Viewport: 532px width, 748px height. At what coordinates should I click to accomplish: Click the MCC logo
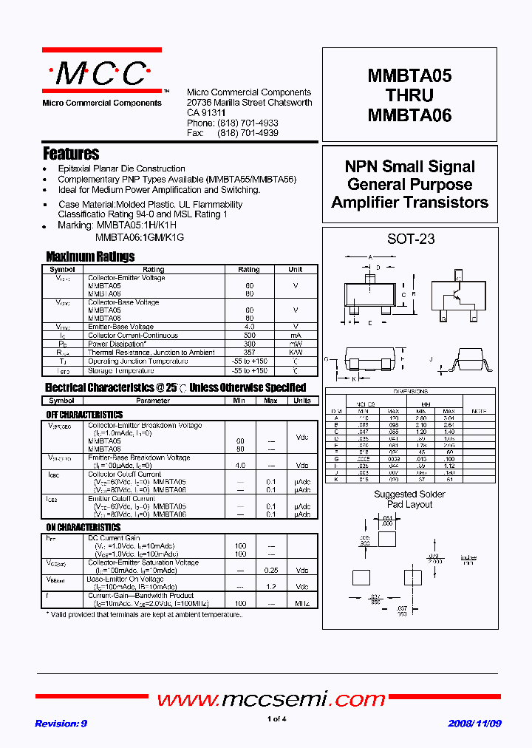pyautogui.click(x=101, y=73)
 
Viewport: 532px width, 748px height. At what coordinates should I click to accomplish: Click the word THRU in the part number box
pyautogui.click(x=409, y=95)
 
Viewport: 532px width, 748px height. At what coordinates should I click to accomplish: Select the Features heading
pyautogui.click(x=71, y=154)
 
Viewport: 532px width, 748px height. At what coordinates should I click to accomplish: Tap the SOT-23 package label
pyautogui.click(x=411, y=239)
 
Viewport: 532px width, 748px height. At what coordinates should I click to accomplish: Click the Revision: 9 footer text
pyautogui.click(x=61, y=724)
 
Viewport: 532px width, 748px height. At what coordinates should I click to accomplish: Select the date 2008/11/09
pyautogui.click(x=474, y=724)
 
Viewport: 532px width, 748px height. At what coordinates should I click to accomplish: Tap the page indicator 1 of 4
pyautogui.click(x=276, y=719)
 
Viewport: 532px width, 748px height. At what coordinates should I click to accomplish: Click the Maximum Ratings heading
pyautogui.click(x=90, y=257)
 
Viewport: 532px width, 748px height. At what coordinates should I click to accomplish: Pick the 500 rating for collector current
pyautogui.click(x=249, y=335)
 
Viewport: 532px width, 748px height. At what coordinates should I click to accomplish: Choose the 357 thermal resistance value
pyautogui.click(x=249, y=353)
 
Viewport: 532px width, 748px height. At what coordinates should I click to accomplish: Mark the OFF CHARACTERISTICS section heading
pyautogui.click(x=84, y=415)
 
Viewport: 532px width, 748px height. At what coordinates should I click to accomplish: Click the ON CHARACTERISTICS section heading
pyautogui.click(x=83, y=528)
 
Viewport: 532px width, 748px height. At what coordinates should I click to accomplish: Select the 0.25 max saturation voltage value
pyautogui.click(x=270, y=570)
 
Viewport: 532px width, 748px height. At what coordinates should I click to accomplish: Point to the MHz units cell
pyautogui.click(x=301, y=604)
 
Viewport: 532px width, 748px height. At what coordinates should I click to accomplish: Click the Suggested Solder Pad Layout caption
pyautogui.click(x=410, y=499)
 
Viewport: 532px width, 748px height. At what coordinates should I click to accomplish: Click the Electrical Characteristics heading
pyautogui.click(x=175, y=387)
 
